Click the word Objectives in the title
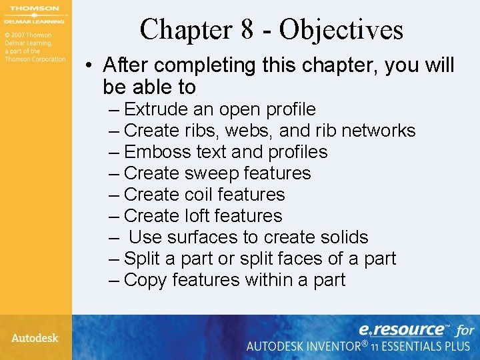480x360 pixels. click(x=341, y=30)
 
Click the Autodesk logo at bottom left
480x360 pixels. click(x=35, y=338)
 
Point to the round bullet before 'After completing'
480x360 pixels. click(x=89, y=66)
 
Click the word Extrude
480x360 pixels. click(x=155, y=109)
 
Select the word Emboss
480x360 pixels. click(x=157, y=152)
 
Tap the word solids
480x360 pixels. click(x=341, y=237)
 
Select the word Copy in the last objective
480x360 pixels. click(x=145, y=280)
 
